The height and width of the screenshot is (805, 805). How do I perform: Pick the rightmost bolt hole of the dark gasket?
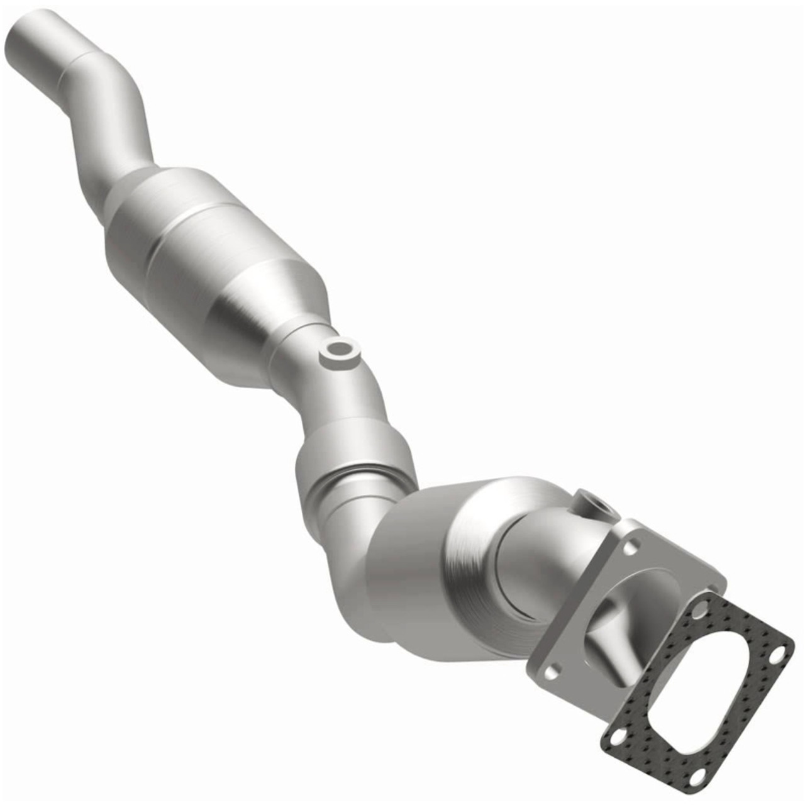click(777, 655)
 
